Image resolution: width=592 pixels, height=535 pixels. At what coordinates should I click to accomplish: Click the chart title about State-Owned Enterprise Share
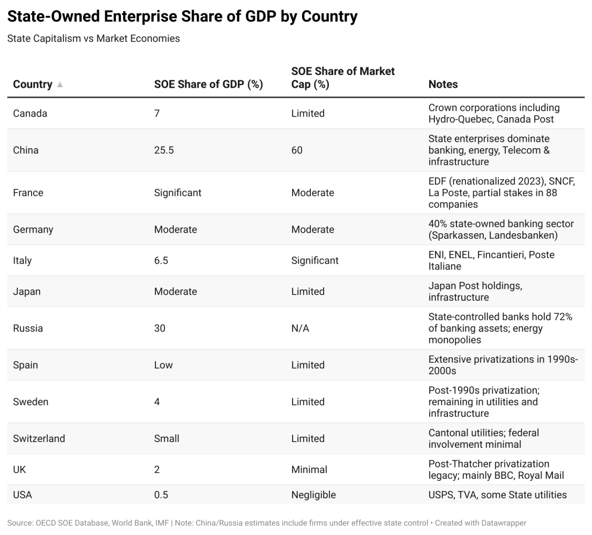pos(182,17)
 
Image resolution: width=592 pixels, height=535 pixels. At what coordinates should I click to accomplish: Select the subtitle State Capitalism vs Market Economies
pos(93,39)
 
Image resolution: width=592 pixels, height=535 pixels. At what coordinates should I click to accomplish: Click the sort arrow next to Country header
pos(60,85)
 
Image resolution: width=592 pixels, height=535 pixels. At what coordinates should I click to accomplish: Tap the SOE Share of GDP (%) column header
pos(208,85)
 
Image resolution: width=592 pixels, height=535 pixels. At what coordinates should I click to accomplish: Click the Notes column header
pos(443,85)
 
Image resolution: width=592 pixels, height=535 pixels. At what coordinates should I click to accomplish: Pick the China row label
pos(26,150)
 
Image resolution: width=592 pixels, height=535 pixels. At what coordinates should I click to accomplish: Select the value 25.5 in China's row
pos(164,150)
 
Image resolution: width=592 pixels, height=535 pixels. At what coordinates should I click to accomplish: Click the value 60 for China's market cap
pos(297,150)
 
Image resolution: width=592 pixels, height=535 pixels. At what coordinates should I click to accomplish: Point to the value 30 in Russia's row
pos(160,328)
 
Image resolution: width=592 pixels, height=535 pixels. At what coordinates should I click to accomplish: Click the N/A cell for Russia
pos(300,328)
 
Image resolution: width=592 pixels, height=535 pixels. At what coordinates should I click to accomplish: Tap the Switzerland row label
pos(39,439)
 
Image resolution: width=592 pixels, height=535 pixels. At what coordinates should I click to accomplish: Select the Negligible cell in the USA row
pos(313,495)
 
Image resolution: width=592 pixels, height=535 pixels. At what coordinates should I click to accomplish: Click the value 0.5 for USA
pos(161,495)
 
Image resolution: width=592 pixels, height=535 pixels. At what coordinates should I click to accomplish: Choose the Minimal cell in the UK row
pos(309,470)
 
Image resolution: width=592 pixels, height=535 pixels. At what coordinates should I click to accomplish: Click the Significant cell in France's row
pos(178,193)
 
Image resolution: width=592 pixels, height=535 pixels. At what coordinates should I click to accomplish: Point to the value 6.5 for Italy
pos(161,261)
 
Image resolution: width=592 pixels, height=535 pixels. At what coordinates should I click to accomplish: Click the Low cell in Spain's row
pos(163,365)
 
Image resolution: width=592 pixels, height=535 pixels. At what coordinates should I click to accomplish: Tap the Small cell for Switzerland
pos(167,439)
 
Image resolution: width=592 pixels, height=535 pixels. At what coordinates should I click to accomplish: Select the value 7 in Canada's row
pos(157,113)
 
